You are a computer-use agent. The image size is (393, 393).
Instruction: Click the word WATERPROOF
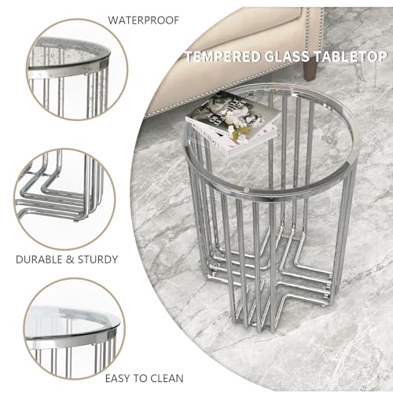(x=144, y=20)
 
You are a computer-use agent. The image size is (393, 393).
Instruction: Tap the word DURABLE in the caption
(x=39, y=259)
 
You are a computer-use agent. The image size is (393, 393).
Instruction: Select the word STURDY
(x=97, y=259)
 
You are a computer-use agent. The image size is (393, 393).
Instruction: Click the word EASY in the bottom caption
(x=118, y=378)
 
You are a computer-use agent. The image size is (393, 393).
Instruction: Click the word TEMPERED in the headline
(x=223, y=57)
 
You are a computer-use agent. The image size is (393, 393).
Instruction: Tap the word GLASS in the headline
(x=287, y=57)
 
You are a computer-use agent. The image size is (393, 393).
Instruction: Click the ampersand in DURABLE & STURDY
(x=70, y=259)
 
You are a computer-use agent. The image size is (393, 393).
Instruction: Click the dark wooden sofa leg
(x=310, y=70)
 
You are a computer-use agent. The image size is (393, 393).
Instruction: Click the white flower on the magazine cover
(x=237, y=118)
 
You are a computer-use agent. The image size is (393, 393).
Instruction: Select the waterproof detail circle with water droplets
(x=77, y=69)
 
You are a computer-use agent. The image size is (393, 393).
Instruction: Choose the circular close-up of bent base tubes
(x=64, y=199)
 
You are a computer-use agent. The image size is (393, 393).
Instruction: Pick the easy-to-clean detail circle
(x=74, y=329)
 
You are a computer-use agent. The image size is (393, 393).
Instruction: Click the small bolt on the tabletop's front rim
(x=245, y=189)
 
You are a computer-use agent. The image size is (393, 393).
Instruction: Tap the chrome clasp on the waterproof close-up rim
(x=104, y=64)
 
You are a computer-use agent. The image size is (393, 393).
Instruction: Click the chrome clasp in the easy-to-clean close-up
(x=111, y=333)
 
